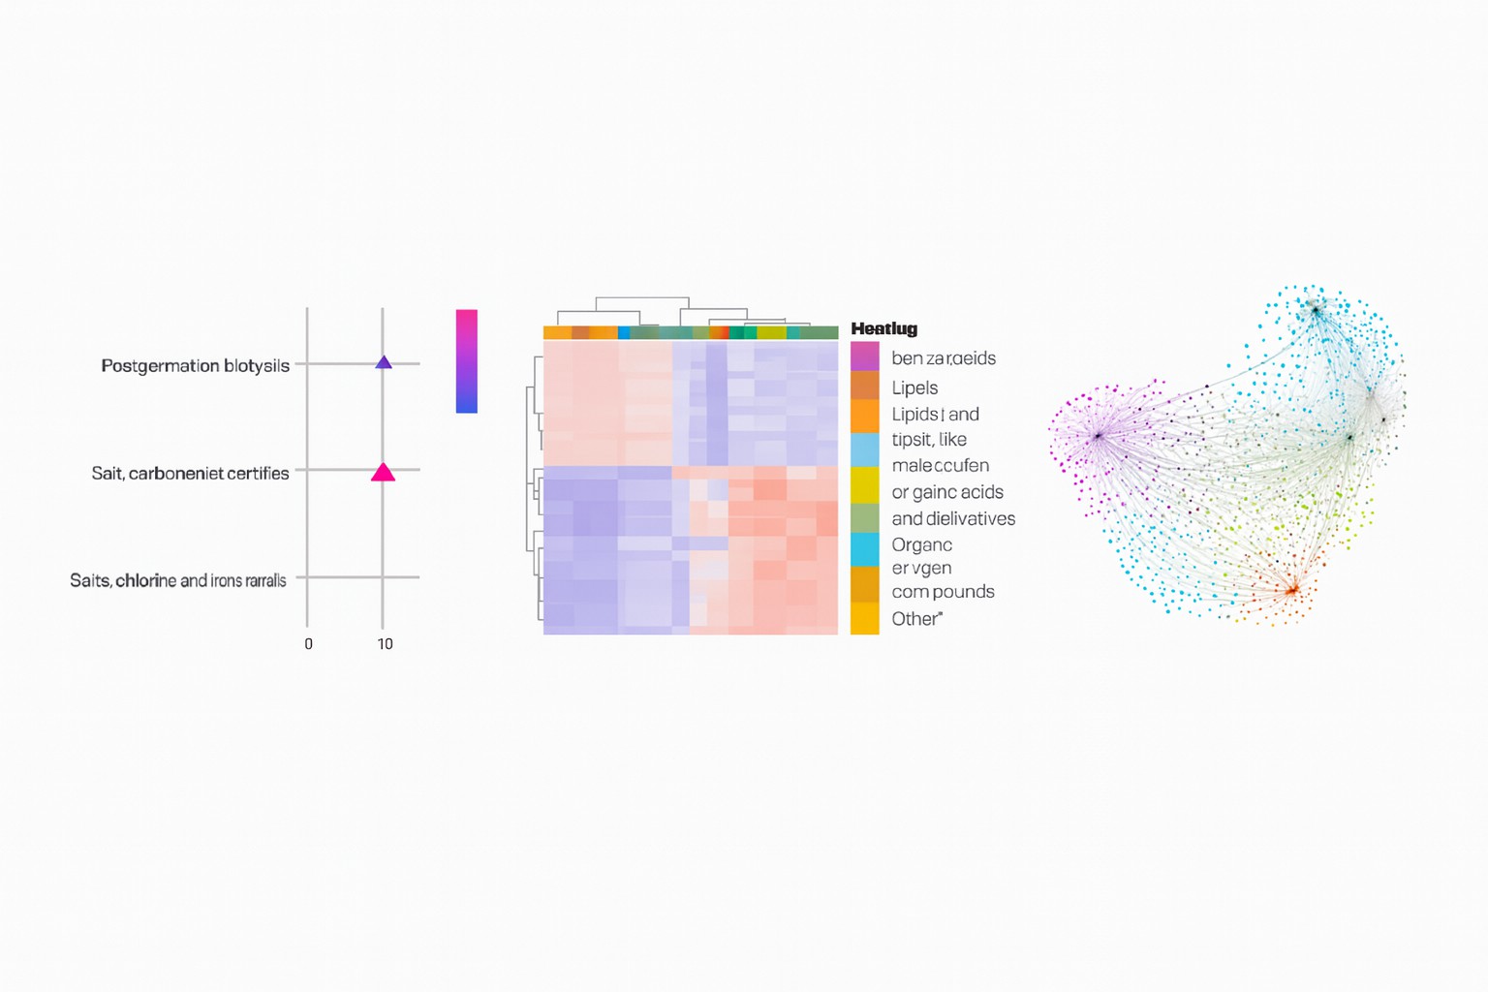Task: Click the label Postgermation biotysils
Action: tap(195, 366)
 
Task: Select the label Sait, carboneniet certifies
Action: tap(190, 474)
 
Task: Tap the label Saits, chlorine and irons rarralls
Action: tap(177, 581)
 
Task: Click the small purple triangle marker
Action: tap(384, 362)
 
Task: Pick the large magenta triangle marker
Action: tap(383, 473)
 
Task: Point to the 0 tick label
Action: tap(308, 644)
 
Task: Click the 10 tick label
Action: tap(385, 644)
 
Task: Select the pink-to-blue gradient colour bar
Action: tap(466, 361)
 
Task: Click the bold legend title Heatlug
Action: tap(883, 329)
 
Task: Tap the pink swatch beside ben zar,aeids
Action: tap(864, 356)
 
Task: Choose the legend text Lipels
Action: tap(914, 388)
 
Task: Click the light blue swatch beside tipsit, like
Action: tap(864, 449)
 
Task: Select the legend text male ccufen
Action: tap(940, 466)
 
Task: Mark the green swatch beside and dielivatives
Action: tap(864, 518)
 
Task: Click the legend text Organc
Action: tap(921, 545)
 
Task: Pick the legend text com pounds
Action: tap(943, 592)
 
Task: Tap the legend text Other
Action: tap(915, 619)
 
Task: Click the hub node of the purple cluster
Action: tap(1099, 437)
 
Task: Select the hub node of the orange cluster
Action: tap(1291, 589)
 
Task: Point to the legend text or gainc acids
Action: tap(946, 492)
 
